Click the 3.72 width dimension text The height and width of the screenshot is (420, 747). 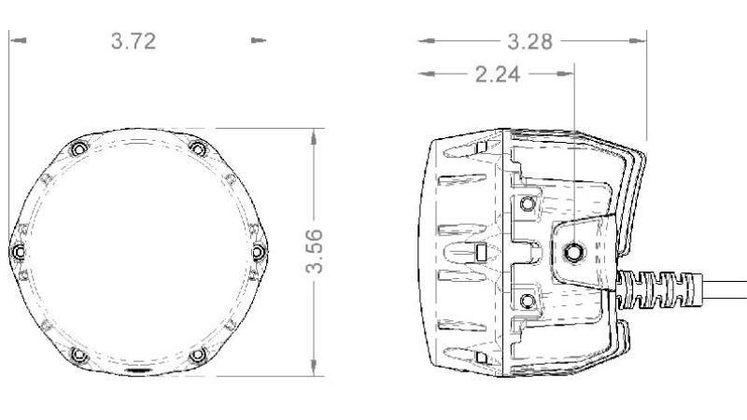coord(134,41)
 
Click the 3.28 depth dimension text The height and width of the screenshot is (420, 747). coord(529,41)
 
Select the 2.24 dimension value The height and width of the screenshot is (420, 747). coord(498,75)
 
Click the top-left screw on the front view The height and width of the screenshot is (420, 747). coord(78,149)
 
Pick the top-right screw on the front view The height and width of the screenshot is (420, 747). coord(197,149)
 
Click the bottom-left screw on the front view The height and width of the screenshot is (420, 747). coord(78,356)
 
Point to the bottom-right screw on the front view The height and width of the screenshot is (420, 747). coord(197,356)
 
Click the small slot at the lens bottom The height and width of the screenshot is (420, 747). coord(137,371)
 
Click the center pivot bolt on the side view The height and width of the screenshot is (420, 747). coord(573,250)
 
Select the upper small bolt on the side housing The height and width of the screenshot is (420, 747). coord(529,204)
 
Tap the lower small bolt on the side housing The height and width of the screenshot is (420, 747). coord(529,300)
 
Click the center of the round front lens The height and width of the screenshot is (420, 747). coord(137,252)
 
